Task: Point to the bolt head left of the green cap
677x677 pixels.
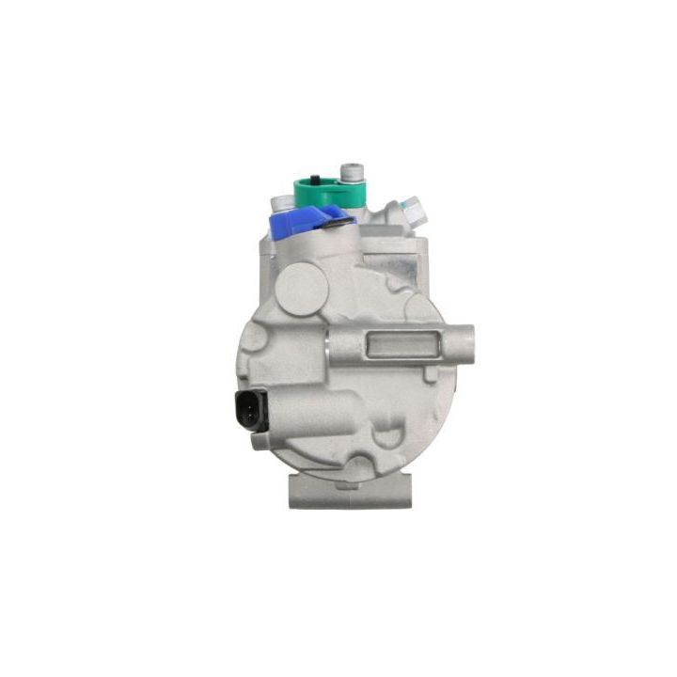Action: (281, 201)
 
